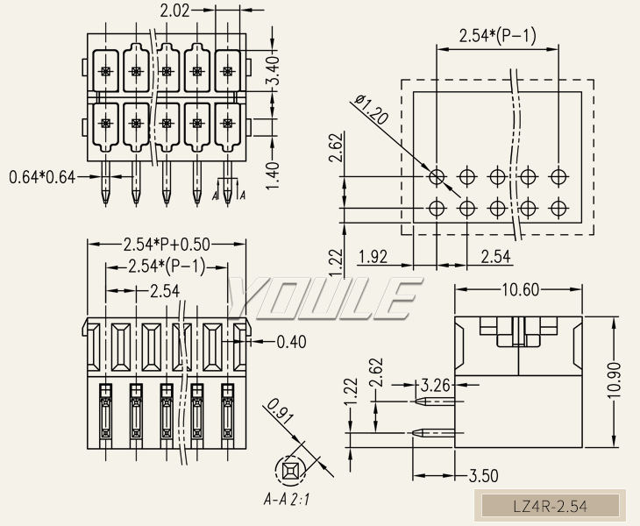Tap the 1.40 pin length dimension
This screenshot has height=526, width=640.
pyautogui.click(x=273, y=174)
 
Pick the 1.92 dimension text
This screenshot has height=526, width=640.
pyautogui.click(x=373, y=257)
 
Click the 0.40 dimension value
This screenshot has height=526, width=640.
pyautogui.click(x=290, y=342)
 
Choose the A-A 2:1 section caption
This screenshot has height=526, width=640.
pyautogui.click(x=288, y=501)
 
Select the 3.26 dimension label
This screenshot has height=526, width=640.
pyautogui.click(x=435, y=384)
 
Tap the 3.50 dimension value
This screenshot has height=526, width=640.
pyautogui.click(x=483, y=476)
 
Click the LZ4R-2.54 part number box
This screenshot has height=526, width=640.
pyautogui.click(x=549, y=506)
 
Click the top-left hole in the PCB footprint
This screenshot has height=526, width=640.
pyautogui.click(x=437, y=176)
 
